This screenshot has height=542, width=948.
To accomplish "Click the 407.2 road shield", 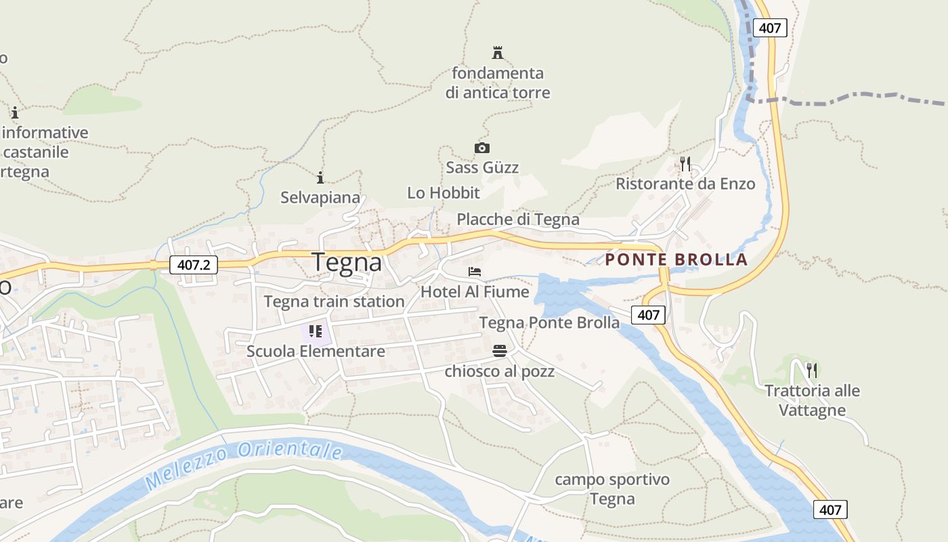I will [194, 264].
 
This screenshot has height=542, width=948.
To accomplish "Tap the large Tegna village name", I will [347, 263].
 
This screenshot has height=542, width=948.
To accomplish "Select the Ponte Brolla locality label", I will [676, 259].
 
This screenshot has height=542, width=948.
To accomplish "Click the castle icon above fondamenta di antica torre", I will [498, 53].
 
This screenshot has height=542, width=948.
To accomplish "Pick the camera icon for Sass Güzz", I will [481, 148].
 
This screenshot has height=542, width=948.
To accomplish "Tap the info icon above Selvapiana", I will [320, 178].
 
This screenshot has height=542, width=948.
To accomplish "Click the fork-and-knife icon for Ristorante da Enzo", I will [685, 163].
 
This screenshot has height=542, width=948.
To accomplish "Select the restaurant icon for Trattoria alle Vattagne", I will [812, 370].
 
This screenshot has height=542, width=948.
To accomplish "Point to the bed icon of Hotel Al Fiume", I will [475, 272].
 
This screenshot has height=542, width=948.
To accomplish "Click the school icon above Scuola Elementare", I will [316, 331].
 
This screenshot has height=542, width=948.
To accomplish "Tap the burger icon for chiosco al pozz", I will [500, 351].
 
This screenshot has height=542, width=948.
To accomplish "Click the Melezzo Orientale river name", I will [244, 463].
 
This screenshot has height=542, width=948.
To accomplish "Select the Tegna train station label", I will [334, 301].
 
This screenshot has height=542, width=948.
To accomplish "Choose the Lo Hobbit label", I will [444, 193].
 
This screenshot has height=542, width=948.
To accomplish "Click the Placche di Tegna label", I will [518, 220].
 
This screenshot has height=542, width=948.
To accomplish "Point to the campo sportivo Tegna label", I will [612, 489].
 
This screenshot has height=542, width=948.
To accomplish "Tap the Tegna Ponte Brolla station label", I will [549, 323].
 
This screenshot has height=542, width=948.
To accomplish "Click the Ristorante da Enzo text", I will [685, 184].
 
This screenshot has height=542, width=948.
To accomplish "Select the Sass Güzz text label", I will [482, 167].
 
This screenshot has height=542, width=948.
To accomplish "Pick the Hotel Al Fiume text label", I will [475, 292].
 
